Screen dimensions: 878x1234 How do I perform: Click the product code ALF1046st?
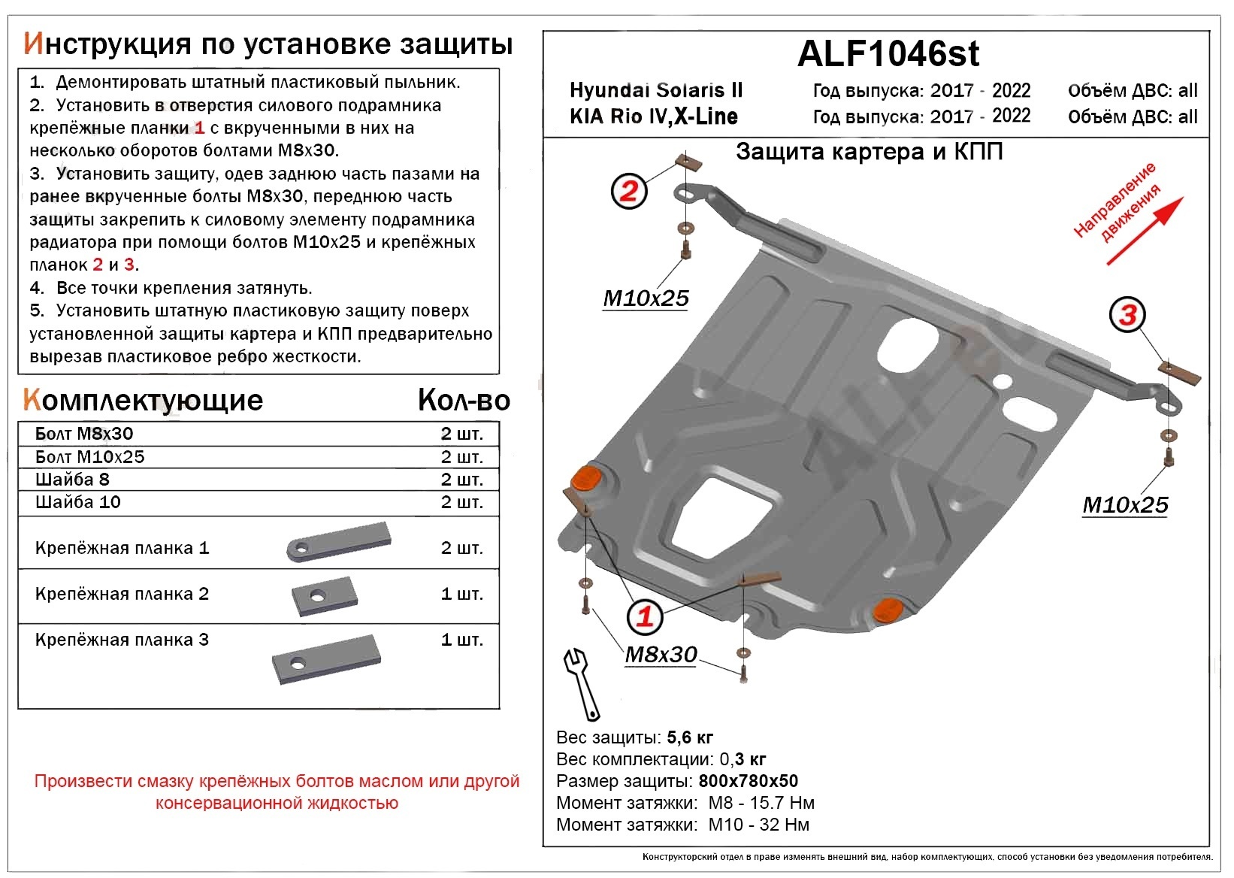click(888, 53)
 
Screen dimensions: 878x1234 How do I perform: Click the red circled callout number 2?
click(628, 190)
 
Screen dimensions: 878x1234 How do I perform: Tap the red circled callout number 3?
click(1127, 314)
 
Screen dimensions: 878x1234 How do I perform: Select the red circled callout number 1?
click(645, 617)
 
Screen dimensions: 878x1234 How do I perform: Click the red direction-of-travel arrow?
click(1144, 232)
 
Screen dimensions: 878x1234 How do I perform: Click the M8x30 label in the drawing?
click(661, 655)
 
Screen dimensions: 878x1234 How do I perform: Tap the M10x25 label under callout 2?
click(646, 298)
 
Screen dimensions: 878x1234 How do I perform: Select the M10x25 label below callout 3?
click(1124, 505)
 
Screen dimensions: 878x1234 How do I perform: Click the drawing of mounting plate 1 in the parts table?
click(338, 542)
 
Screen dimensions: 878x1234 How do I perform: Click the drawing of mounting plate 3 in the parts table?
click(327, 659)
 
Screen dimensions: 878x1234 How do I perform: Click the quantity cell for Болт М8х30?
click(461, 434)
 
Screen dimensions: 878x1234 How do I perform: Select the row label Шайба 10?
click(78, 502)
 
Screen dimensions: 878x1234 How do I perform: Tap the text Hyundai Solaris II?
click(655, 91)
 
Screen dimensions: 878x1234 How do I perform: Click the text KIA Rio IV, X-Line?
click(653, 117)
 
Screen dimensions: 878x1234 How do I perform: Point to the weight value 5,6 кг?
click(689, 737)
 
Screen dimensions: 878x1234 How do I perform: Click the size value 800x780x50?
click(748, 781)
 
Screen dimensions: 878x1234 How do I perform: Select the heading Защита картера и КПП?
click(869, 152)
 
